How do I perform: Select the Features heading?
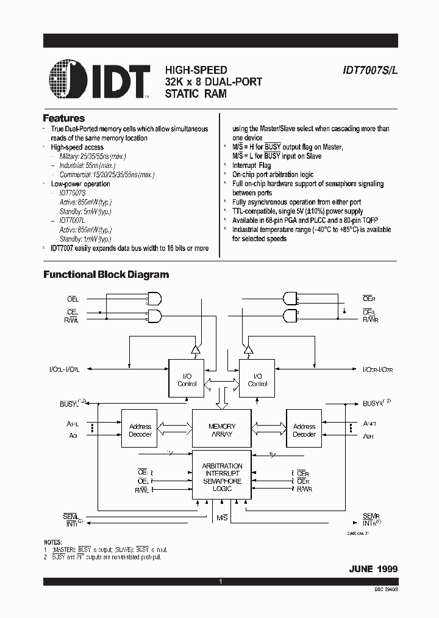63,118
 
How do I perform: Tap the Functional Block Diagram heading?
105,275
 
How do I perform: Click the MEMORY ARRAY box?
221,430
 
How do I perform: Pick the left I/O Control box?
186,379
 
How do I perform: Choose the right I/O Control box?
257,379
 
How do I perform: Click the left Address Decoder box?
140,430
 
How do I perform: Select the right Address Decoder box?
304,430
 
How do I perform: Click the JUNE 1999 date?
373,569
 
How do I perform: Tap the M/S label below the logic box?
222,518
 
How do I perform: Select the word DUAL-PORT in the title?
233,82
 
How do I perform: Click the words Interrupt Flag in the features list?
251,165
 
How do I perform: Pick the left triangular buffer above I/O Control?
195,349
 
